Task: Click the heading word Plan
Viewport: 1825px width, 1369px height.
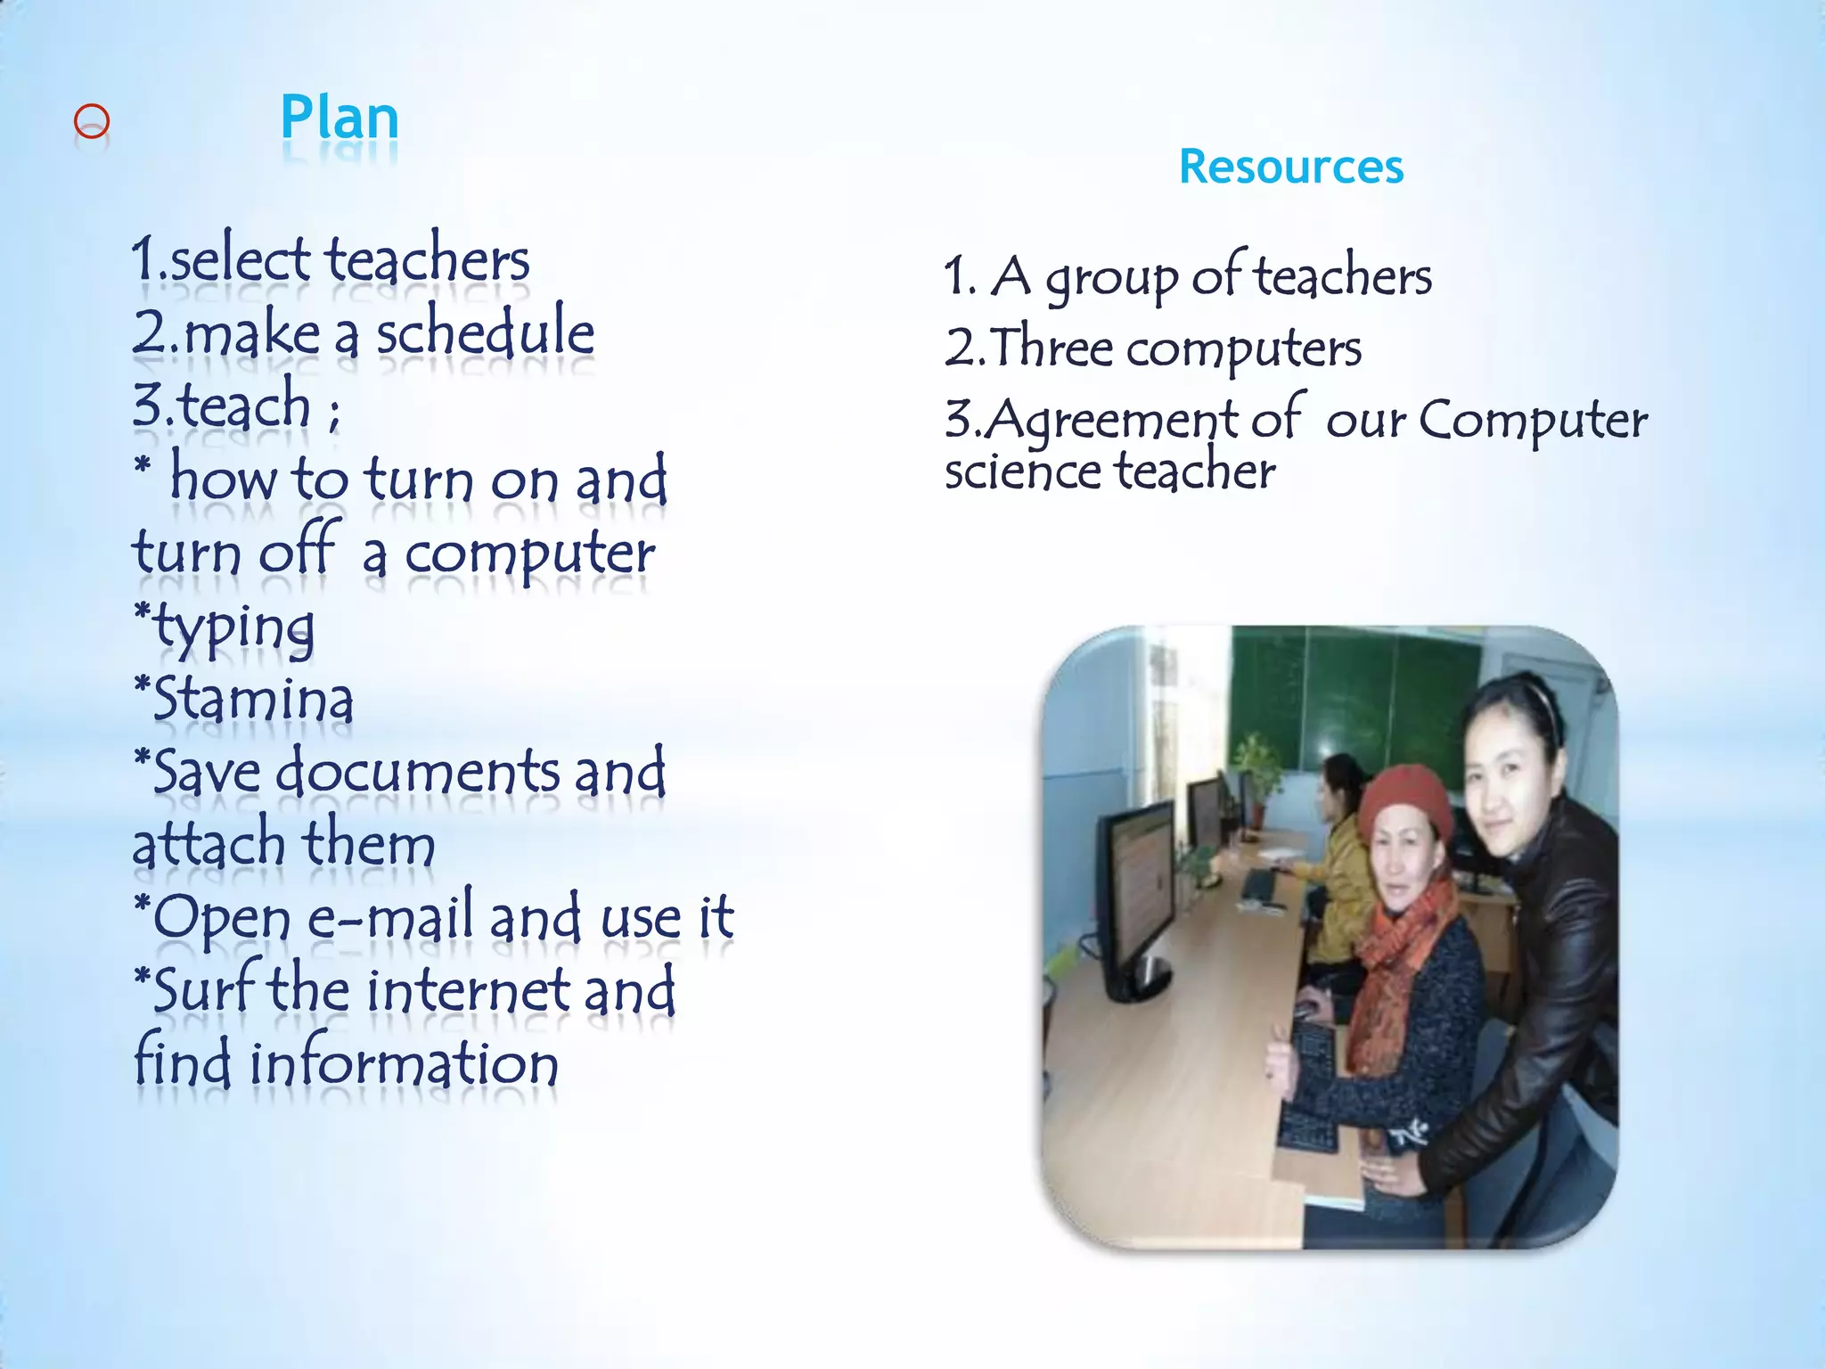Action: [x=339, y=119]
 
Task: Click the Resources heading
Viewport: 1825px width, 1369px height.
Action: [x=1290, y=167]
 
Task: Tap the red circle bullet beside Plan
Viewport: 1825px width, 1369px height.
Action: [x=92, y=122]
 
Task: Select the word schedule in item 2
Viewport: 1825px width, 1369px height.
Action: [x=485, y=332]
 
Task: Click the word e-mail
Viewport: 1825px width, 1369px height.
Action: [x=389, y=918]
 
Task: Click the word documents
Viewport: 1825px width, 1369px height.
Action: [x=417, y=772]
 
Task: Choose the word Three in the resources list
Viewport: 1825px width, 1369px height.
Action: [x=1052, y=348]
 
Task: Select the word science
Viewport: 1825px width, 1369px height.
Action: [x=1021, y=472]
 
